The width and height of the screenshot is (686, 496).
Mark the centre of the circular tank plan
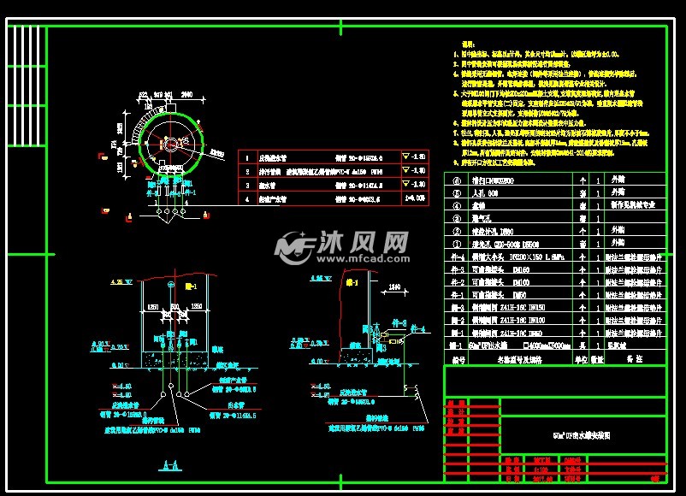170,142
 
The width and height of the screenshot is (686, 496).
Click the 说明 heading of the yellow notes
468,43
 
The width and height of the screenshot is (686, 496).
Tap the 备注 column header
634,360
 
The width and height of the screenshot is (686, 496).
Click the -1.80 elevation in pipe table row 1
419,158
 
